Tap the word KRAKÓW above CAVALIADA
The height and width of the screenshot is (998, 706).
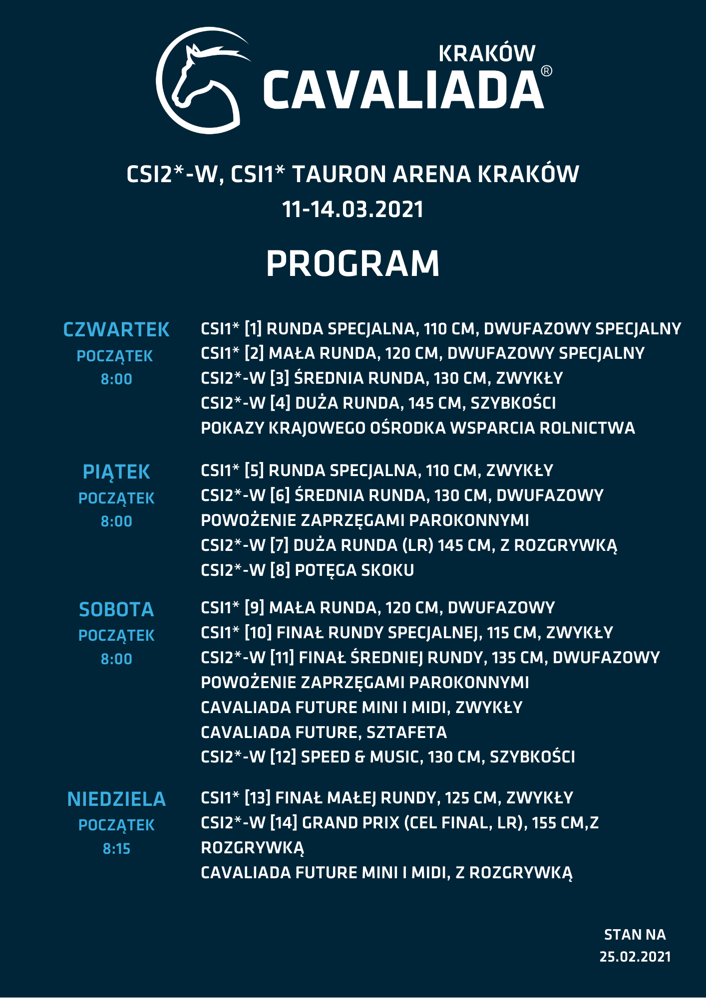pos(487,54)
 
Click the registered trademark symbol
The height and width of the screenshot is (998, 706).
pos(547,71)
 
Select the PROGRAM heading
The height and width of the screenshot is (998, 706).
pos(353,263)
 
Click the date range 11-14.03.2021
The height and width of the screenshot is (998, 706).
pos(353,209)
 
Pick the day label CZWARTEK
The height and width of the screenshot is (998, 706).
pos(116,330)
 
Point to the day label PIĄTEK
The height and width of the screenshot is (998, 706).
pos(116,472)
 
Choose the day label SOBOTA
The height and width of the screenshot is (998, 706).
pos(116,610)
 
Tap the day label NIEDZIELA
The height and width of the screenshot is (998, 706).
pos(116,799)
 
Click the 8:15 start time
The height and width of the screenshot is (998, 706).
pos(116,848)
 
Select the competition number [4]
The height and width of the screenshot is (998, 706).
pos(280,403)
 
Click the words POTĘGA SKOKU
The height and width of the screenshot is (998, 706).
pos(354,570)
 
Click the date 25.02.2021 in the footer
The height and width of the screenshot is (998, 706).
pos(635,957)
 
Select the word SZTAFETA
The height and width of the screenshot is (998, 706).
pos(406,733)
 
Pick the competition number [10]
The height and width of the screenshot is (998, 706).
pos(258,633)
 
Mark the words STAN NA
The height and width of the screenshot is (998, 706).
pos(635,935)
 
